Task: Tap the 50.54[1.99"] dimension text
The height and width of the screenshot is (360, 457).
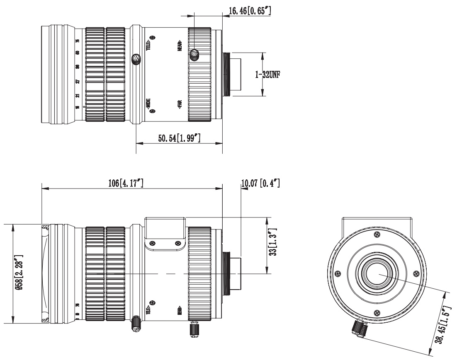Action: (x=180, y=138)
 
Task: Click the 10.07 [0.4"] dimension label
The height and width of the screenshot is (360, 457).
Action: (x=260, y=183)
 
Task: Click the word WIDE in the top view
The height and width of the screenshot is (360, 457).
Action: (x=148, y=104)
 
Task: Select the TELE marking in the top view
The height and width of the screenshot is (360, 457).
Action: (x=148, y=44)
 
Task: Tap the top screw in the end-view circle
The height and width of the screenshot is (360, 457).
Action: (x=377, y=234)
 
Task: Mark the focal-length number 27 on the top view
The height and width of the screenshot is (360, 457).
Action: (x=78, y=82)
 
